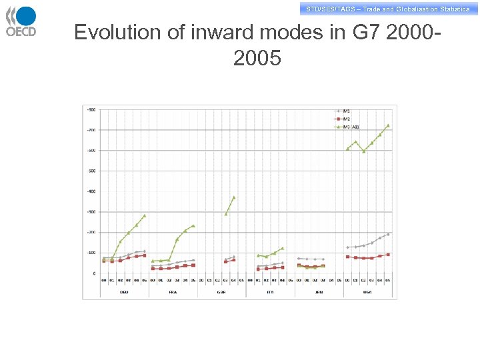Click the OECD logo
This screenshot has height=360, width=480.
[21, 21]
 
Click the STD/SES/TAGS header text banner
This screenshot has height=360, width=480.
[387, 9]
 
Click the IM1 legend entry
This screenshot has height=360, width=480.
[346, 110]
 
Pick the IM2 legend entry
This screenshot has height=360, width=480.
[346, 118]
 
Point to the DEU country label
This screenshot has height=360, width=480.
[124, 291]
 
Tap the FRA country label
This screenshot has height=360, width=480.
[173, 291]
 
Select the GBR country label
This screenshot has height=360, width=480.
[222, 291]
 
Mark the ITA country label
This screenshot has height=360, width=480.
[270, 291]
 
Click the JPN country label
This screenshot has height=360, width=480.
[319, 291]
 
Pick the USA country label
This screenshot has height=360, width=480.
[368, 291]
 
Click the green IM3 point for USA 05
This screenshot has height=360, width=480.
[388, 125]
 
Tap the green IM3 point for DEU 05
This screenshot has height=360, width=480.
[144, 215]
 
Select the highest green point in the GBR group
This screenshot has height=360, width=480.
[233, 197]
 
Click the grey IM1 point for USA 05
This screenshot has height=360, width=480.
[388, 234]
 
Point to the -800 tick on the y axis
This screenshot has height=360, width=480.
[91, 109]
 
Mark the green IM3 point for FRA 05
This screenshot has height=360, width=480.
[193, 226]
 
